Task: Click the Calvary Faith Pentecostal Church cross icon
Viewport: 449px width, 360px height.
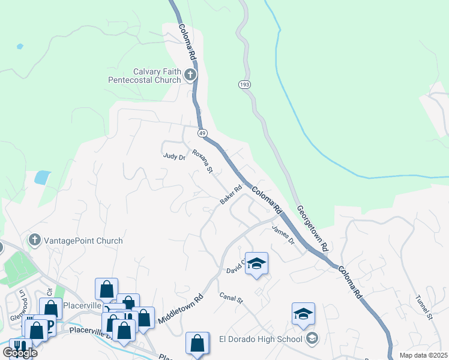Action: (190, 75)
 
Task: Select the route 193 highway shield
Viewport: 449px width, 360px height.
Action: (244, 85)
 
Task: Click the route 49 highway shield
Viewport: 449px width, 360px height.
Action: (202, 132)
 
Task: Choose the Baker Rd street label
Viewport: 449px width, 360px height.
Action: (231, 194)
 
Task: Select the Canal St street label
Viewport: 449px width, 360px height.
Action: (230, 298)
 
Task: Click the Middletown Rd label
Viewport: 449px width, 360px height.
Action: (181, 308)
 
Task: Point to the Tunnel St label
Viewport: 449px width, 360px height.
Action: (424, 307)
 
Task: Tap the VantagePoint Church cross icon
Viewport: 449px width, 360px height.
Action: (34, 241)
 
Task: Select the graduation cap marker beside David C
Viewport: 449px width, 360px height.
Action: (256, 264)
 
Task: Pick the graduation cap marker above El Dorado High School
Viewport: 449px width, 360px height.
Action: (303, 314)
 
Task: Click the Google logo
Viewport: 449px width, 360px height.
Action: (20, 353)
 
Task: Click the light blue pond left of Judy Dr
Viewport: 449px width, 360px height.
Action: (43, 177)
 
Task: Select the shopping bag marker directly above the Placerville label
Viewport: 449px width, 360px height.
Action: (106, 290)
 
